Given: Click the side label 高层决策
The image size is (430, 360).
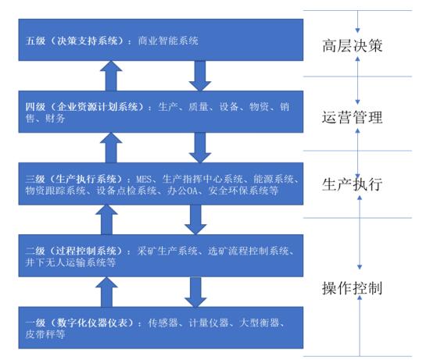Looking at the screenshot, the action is click(352, 45).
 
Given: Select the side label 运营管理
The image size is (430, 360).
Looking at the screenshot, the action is click(352, 117).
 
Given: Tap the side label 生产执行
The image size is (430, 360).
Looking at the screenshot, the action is click(352, 184).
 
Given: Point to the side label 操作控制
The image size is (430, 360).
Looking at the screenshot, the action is click(352, 288).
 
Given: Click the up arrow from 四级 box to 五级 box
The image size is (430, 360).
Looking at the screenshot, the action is click(111, 76).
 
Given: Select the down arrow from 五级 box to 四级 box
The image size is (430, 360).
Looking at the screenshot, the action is click(200, 76).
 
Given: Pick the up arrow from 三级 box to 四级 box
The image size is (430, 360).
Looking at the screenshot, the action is click(111, 148).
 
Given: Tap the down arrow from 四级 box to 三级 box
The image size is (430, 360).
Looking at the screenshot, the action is click(200, 148).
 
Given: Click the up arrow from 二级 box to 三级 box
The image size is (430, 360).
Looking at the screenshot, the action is click(106, 219).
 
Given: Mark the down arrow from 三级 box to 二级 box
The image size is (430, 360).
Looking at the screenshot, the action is click(195, 219).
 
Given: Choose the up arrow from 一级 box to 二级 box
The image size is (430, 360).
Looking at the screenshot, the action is click(106, 292).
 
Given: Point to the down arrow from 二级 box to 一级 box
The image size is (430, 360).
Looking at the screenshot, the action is click(195, 292).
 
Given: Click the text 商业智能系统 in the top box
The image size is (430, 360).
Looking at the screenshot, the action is click(168, 41).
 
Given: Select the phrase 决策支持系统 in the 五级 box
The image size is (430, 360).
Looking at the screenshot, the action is click(88, 41).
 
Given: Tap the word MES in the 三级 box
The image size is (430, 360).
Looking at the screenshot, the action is click(144, 180).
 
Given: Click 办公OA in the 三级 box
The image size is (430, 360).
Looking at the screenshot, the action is click(182, 191).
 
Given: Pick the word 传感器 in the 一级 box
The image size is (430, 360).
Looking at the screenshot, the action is click(163, 323).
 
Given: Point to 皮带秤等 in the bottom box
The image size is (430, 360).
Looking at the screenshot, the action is click(45, 334).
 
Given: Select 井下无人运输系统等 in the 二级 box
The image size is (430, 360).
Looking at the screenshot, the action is click(70, 262).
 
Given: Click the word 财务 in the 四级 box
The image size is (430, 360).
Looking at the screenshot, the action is click(56, 119).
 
